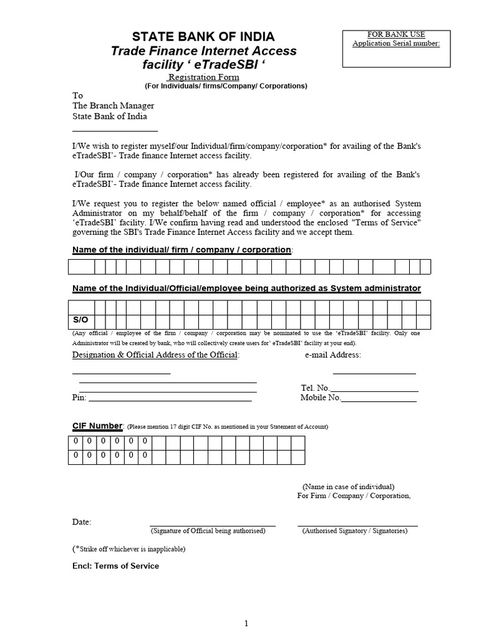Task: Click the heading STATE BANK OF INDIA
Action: click(x=203, y=36)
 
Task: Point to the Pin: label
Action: click(x=79, y=398)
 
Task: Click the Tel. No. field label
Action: click(x=315, y=388)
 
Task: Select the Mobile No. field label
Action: click(x=321, y=398)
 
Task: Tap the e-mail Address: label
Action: click(x=332, y=355)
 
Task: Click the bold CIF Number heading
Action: click(x=98, y=426)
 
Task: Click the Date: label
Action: click(x=82, y=521)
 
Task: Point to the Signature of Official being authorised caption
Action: click(x=208, y=531)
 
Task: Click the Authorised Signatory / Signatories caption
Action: click(x=355, y=531)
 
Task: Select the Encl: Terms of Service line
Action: click(x=115, y=566)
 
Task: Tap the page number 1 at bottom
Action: click(x=246, y=623)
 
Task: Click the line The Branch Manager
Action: click(x=113, y=106)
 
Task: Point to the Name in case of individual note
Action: click(x=348, y=487)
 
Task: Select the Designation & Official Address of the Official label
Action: click(x=155, y=355)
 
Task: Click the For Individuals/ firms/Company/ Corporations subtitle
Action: click(x=226, y=86)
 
